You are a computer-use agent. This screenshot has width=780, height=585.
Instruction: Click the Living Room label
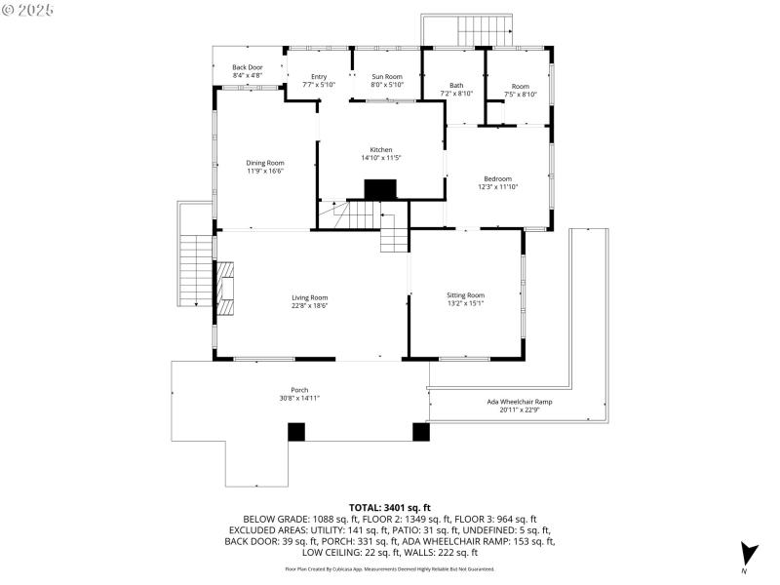(309, 297)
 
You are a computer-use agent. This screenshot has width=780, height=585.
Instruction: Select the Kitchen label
(380, 149)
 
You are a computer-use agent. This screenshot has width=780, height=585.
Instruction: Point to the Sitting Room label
(465, 294)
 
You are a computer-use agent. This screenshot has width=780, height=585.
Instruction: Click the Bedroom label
(497, 178)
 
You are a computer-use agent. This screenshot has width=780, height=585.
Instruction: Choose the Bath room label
(456, 85)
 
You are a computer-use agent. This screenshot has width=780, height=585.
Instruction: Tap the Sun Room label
(386, 76)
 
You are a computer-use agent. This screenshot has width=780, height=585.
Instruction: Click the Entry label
(319, 76)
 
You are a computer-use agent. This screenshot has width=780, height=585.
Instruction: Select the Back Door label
(247, 67)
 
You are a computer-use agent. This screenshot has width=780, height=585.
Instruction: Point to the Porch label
(299, 390)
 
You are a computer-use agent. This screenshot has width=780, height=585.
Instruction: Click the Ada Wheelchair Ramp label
(520, 402)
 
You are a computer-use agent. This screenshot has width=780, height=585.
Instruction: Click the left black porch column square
(295, 431)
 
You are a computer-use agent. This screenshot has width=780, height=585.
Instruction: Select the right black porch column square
(420, 431)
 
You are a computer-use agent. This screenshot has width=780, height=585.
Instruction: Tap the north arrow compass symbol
(747, 553)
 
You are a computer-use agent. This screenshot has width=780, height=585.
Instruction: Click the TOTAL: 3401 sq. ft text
(389, 508)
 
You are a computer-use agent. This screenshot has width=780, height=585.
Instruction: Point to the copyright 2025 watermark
(28, 10)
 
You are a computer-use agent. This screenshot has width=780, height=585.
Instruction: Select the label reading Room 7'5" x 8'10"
(520, 90)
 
